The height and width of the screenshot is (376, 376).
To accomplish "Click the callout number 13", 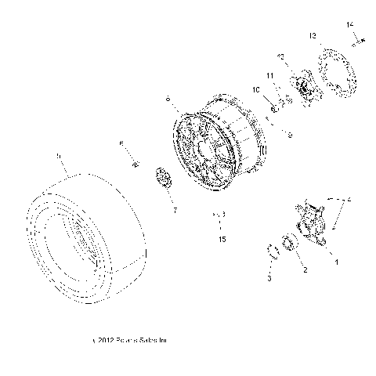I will click(x=313, y=36).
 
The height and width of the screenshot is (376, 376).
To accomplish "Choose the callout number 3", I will click(x=269, y=278).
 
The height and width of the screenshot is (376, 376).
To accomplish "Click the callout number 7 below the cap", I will click(x=175, y=210).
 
